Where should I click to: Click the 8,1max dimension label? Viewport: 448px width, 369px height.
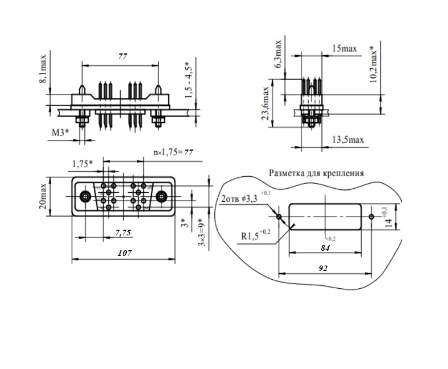[x=44, y=68]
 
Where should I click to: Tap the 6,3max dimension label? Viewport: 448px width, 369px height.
[x=278, y=55]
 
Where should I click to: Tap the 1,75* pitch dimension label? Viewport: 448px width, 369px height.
[x=82, y=164]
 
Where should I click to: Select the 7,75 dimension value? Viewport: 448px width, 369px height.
[x=123, y=233]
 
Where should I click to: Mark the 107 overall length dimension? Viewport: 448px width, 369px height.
[x=123, y=254]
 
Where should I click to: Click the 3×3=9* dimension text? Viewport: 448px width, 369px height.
[x=201, y=231]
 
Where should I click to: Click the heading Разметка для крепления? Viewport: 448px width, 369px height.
[x=316, y=172]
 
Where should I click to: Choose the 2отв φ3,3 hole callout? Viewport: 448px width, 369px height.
[x=241, y=200]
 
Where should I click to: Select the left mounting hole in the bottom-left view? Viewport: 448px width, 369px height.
[x=85, y=197]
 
